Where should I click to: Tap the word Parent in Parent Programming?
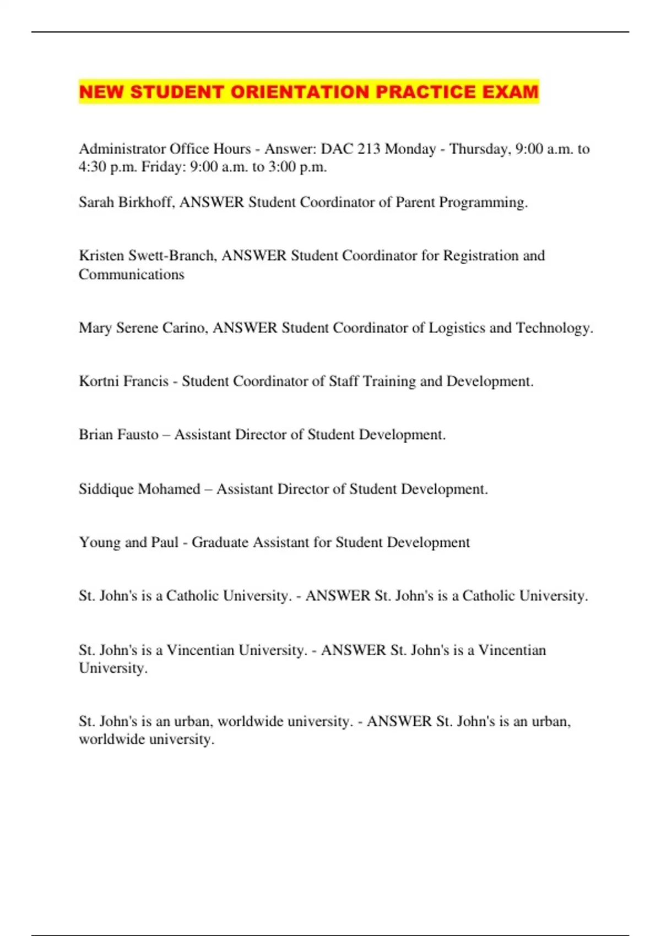[x=415, y=203]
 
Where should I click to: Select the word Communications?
[x=131, y=274]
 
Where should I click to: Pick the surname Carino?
[x=185, y=328]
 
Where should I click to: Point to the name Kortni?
[x=99, y=382]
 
